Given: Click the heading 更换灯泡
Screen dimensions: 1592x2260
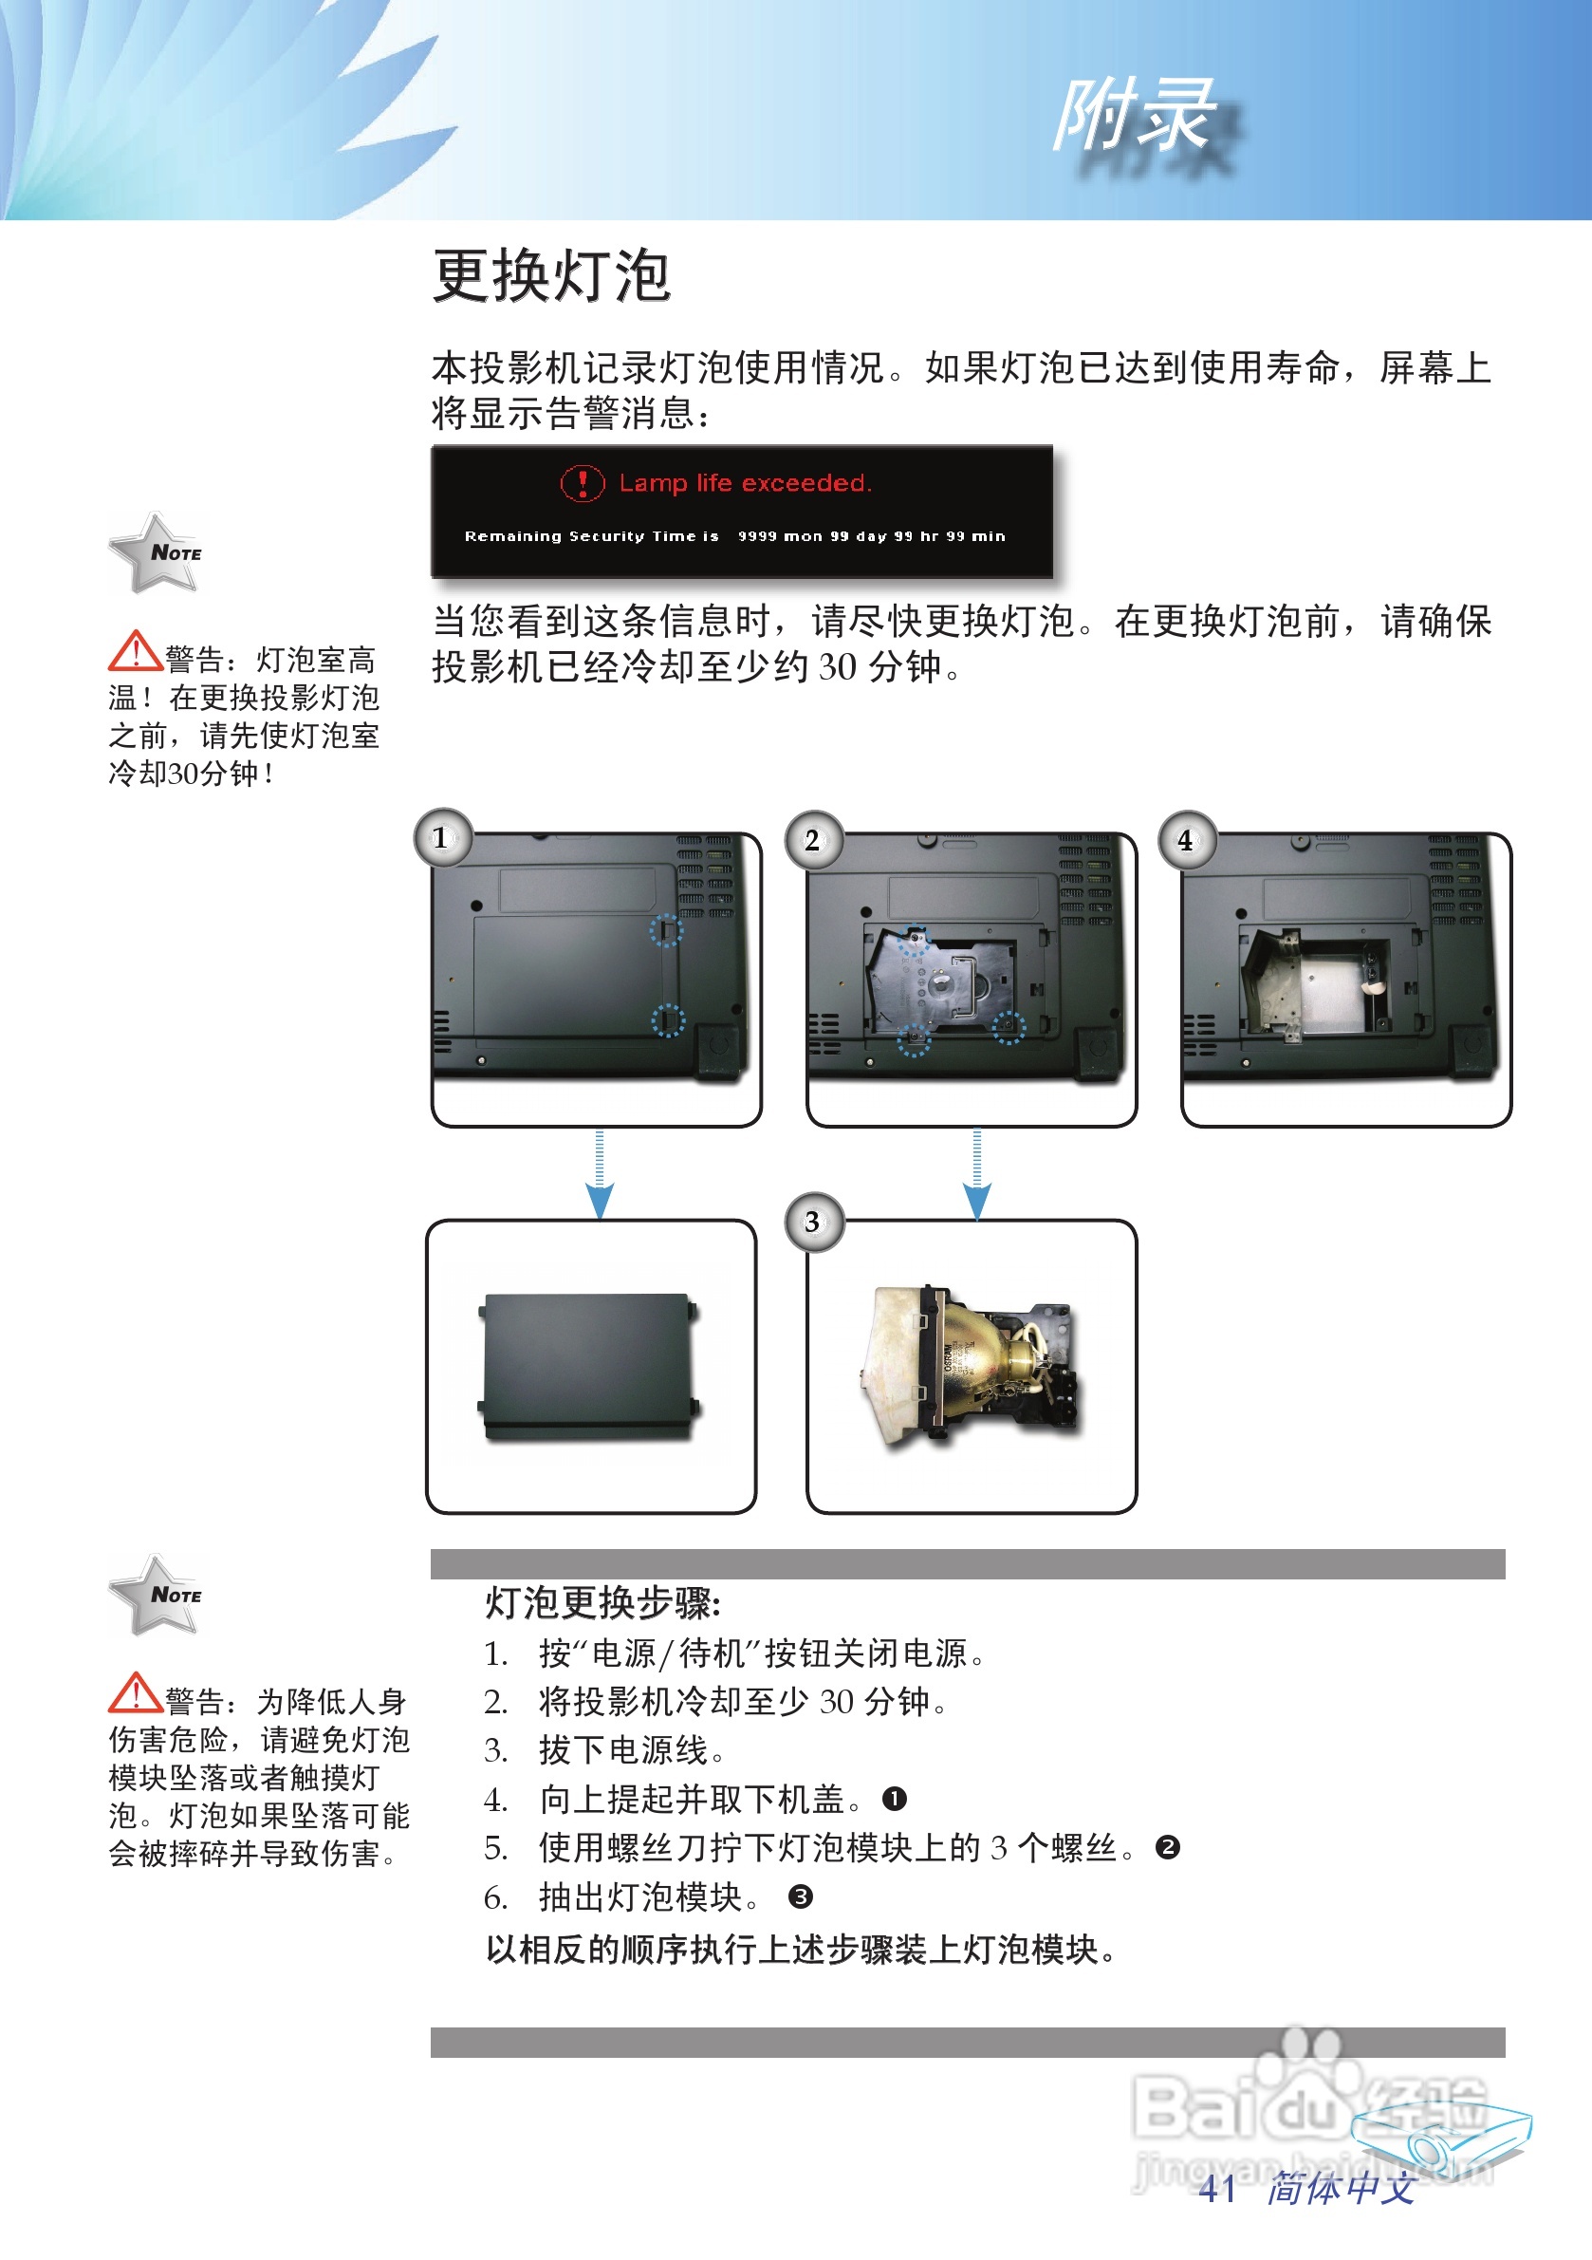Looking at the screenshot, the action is click(552, 276).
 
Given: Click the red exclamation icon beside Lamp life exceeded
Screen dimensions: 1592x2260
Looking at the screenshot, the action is click(583, 483).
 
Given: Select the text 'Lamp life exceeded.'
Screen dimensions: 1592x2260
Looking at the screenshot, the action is click(745, 483).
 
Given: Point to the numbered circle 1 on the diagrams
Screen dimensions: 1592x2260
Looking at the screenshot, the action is click(443, 838).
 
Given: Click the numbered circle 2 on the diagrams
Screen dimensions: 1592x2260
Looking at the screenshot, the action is click(813, 840).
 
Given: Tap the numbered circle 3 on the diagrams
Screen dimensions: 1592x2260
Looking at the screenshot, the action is click(813, 1222).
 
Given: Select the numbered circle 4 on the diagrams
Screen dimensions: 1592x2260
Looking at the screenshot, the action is click(1188, 840).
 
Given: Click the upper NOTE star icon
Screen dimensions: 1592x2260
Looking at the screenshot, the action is click(157, 553).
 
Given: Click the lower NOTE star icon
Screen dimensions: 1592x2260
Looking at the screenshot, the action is click(157, 1595).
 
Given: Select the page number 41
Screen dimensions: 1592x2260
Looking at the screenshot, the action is click(1217, 2187).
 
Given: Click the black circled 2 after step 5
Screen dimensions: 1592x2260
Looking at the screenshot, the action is click(1168, 1847).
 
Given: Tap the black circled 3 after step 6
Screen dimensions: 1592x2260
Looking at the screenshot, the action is click(801, 1896).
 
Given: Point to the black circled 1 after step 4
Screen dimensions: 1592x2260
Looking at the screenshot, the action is click(895, 1800).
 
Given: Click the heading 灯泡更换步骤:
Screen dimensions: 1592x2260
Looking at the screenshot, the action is click(603, 1603).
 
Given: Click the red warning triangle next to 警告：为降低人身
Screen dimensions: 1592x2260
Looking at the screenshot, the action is click(135, 1693).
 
